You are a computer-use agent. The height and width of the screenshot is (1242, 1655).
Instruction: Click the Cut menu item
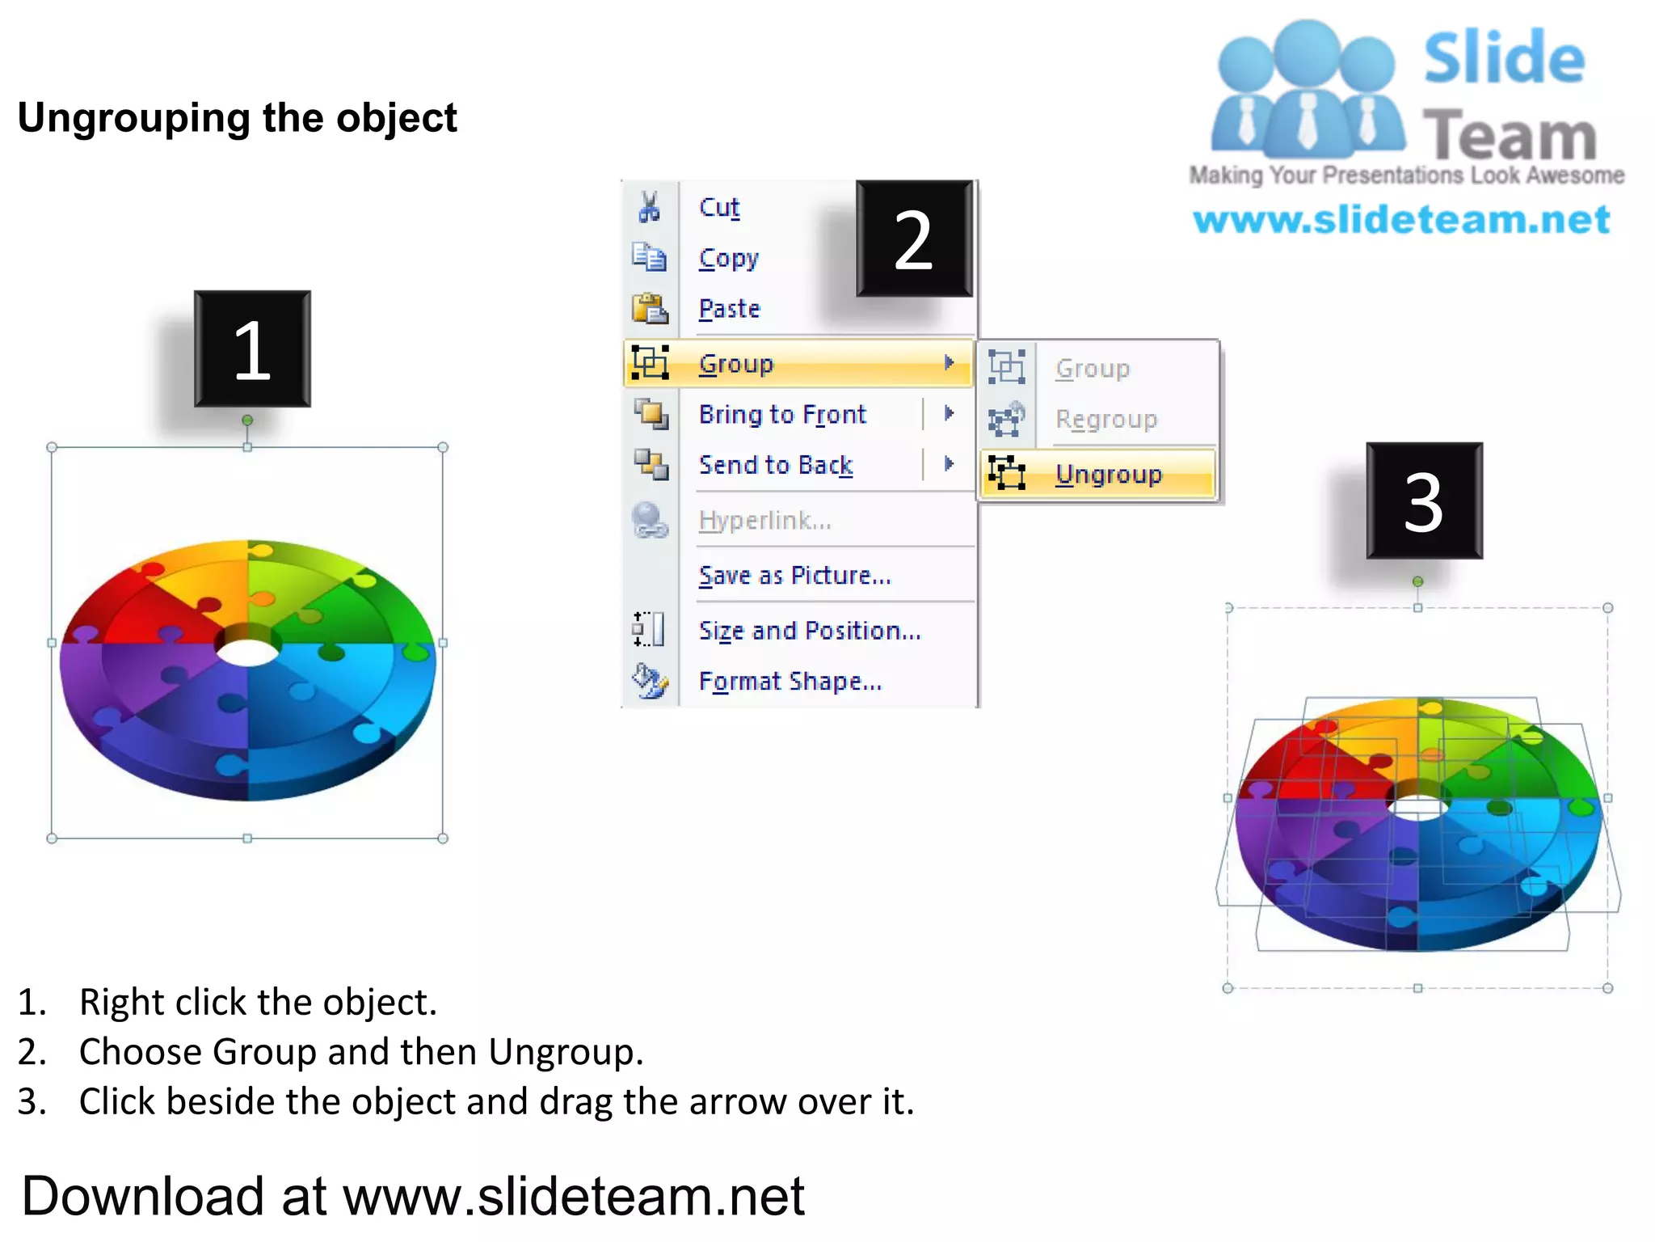719,208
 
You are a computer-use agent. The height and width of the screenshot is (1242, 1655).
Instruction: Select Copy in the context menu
729,259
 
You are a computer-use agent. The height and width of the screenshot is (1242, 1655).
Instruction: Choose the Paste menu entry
730,309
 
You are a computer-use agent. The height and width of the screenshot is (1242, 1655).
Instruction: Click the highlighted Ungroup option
1108,475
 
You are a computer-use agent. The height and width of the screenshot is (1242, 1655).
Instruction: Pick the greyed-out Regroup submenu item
1106,420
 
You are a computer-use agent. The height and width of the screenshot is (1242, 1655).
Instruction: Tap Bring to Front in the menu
782,415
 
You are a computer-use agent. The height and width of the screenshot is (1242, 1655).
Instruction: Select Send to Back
776,465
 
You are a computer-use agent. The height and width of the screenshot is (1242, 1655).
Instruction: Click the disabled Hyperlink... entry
764,521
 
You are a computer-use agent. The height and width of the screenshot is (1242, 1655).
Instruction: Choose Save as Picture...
794,576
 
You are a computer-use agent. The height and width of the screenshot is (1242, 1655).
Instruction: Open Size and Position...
810,631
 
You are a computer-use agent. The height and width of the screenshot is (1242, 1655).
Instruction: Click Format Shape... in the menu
790,682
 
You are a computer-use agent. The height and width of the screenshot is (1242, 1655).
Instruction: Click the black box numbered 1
252,349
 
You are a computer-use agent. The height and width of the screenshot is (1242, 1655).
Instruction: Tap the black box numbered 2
914,239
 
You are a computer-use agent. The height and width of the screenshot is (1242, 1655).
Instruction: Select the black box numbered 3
1424,501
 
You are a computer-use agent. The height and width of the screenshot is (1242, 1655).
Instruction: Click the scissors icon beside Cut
649,207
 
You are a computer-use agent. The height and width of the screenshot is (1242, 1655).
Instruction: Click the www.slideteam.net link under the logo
1401,220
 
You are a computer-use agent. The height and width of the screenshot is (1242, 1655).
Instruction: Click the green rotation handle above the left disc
247,420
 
